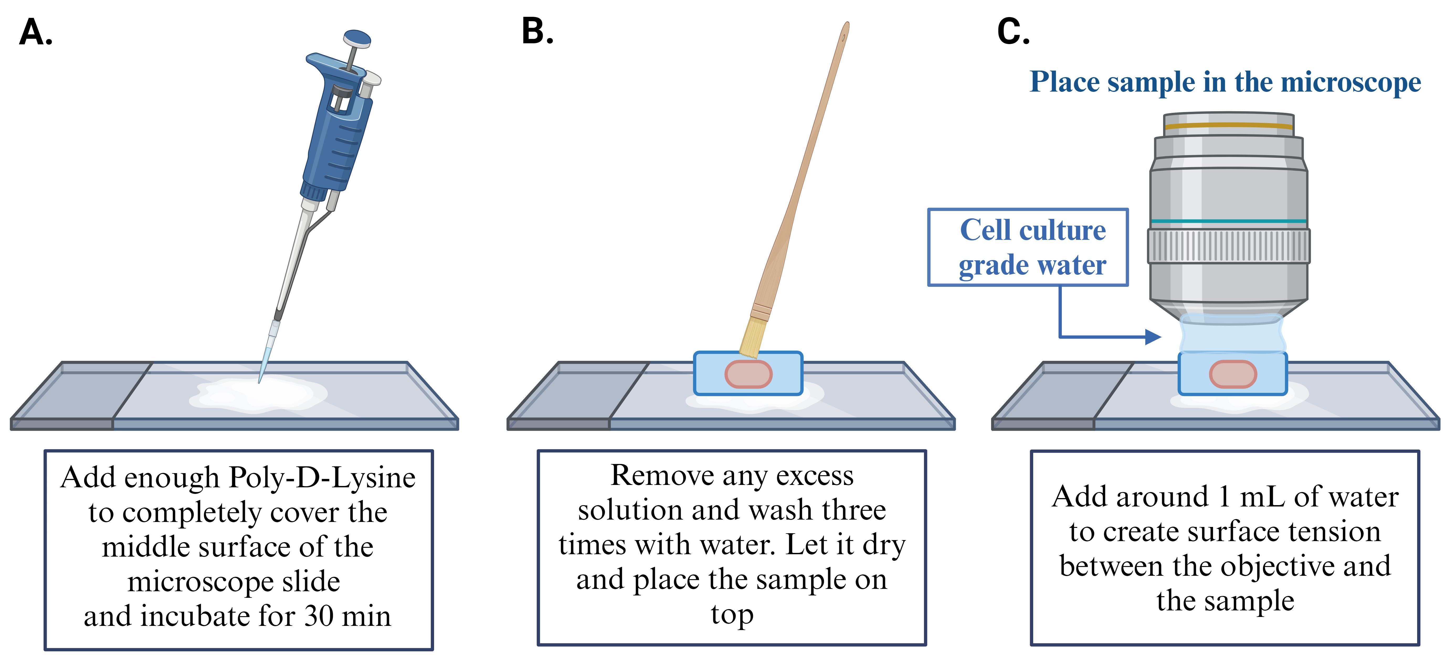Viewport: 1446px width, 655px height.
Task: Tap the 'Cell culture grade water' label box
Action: [x=1028, y=247]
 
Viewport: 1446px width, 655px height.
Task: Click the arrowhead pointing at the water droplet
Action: [x=1153, y=337]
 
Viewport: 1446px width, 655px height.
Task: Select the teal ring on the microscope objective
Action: [x=1229, y=221]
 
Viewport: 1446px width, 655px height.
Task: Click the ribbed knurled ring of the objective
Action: [x=1229, y=246]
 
